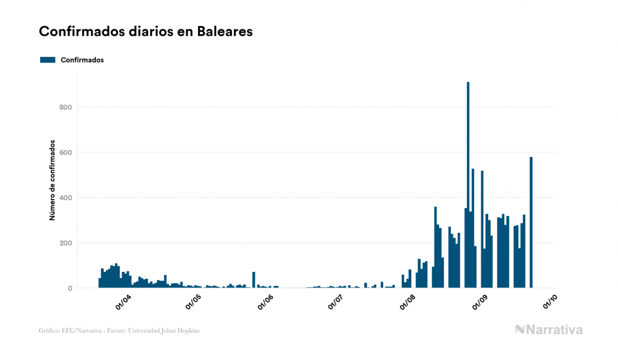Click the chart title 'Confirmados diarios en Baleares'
[146, 32]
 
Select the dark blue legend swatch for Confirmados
[48, 60]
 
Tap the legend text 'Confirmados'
[82, 60]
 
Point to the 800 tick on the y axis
[66, 107]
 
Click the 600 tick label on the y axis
[66, 153]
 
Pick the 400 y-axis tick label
[66, 198]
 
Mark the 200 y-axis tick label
[66, 243]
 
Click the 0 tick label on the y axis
[70, 288]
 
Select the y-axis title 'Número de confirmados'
[52, 181]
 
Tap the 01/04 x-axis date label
[123, 302]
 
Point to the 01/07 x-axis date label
[335, 302]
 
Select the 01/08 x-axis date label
[408, 302]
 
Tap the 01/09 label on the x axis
[480, 302]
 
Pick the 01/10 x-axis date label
[550, 302]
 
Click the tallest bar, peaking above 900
[468, 187]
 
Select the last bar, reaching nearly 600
[531, 224]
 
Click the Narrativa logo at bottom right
[549, 330]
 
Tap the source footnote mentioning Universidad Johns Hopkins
[119, 331]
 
